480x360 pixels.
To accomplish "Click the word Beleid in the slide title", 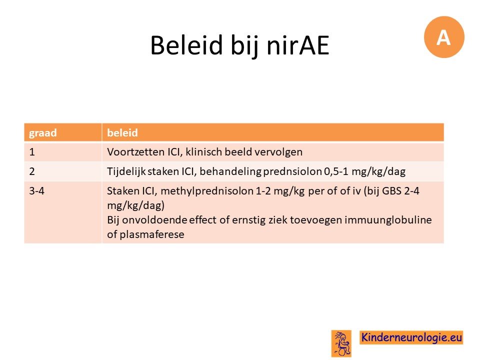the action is [x=186, y=45].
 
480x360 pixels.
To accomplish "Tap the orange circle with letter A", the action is [x=444, y=37].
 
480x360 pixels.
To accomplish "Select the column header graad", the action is [x=43, y=133].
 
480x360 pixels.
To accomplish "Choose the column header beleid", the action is [x=122, y=132].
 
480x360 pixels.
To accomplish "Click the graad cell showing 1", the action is [x=32, y=152].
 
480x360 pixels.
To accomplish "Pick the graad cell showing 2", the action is [x=32, y=171].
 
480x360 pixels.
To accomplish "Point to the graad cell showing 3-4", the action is [x=36, y=191].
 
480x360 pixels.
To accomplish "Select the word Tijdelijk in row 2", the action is [x=126, y=171].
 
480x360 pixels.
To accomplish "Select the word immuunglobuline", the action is [x=388, y=220].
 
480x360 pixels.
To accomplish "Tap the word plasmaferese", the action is [x=152, y=234].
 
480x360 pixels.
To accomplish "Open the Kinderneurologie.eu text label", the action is [x=411, y=337].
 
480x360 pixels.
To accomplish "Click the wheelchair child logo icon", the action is [x=341, y=343].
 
